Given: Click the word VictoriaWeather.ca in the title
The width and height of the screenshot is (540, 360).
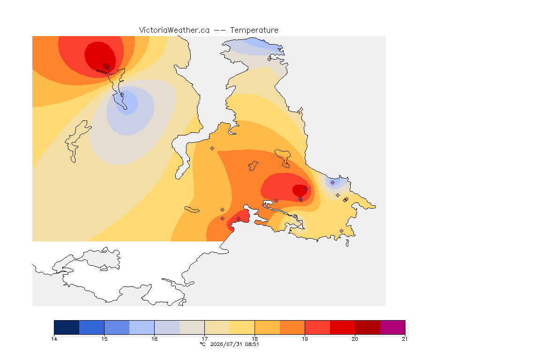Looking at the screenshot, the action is [x=174, y=30].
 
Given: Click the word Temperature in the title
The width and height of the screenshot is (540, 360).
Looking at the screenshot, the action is [x=254, y=30].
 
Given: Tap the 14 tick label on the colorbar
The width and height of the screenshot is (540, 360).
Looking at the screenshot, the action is [x=54, y=339].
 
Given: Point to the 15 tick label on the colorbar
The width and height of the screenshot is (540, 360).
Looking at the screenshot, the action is [x=105, y=339].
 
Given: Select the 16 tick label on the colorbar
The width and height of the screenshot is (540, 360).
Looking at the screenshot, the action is [x=154, y=339].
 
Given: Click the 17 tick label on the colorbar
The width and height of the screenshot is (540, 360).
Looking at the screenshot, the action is [x=204, y=339].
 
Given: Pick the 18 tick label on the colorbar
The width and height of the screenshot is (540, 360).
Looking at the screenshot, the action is [x=255, y=339].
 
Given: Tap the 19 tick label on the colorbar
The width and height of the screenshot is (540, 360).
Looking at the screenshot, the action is [x=305, y=339].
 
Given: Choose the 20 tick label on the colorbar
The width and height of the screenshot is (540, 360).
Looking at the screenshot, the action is [x=355, y=339].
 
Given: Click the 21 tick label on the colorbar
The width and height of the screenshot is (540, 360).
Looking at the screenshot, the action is [x=405, y=339].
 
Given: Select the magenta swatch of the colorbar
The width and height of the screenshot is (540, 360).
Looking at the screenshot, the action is [x=393, y=327].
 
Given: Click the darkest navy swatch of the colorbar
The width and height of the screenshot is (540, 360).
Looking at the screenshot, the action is [x=67, y=327].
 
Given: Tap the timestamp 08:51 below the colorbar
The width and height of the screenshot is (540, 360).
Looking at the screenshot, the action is [x=252, y=344].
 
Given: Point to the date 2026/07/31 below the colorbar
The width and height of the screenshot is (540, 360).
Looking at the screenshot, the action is [x=226, y=344].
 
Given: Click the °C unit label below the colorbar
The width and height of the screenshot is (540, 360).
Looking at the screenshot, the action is [x=203, y=344].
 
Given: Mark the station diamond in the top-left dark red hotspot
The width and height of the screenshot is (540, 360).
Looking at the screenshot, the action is [x=108, y=68].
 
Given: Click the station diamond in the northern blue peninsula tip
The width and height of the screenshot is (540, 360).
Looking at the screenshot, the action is [x=270, y=59].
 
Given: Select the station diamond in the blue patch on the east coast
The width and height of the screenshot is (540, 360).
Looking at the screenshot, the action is [x=332, y=183].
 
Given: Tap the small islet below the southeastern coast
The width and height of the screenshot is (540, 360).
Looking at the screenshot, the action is [x=347, y=243].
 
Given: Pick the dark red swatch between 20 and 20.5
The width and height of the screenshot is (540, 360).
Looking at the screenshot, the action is [x=367, y=327].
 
